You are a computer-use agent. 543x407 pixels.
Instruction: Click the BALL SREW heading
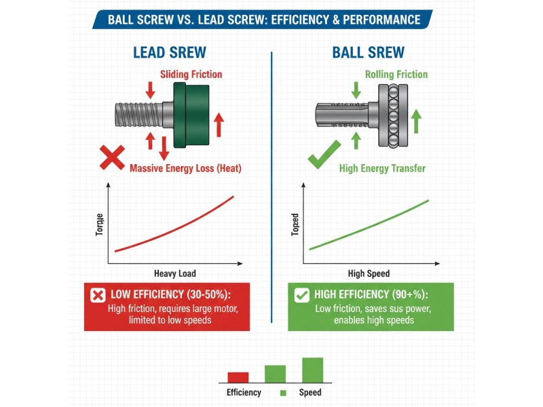[x=369, y=53]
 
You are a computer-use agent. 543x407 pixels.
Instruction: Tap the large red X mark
[x=112, y=158]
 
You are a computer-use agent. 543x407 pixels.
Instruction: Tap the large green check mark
[x=323, y=158]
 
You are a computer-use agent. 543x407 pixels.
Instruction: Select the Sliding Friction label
[x=191, y=74]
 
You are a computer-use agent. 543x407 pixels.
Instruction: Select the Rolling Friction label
[x=396, y=74]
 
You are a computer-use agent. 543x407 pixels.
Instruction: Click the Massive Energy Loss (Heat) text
[x=185, y=168]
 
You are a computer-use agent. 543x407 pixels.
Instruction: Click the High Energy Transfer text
[x=382, y=168]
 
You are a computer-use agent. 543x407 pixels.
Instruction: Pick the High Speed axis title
[x=369, y=274]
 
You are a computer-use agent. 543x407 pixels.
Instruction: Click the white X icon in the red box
[x=98, y=295]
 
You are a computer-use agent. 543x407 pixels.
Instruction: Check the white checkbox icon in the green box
[x=301, y=295]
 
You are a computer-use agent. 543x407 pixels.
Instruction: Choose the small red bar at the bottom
[x=238, y=376]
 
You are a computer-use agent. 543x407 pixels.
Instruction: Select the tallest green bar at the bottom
[x=312, y=370]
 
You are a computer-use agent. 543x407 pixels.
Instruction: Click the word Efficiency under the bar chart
[x=244, y=393]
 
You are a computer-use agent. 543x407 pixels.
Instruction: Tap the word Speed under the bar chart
[x=310, y=393]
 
